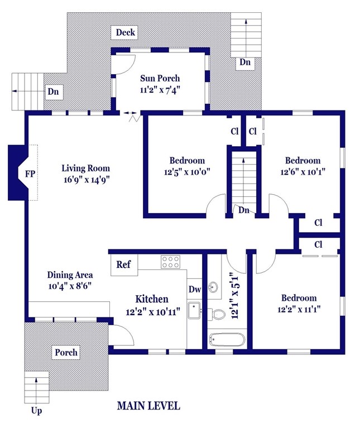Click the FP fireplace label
(30, 174)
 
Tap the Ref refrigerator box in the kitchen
(124, 264)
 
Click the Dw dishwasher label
(194, 290)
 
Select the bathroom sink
(214, 288)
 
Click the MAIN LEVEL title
(148, 406)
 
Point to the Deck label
(125, 32)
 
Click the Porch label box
(65, 353)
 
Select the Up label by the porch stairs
(37, 412)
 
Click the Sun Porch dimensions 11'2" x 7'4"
(160, 89)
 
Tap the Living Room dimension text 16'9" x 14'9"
(85, 179)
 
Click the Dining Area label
(70, 274)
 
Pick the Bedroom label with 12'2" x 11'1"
(299, 298)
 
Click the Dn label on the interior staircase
(243, 211)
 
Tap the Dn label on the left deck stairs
(54, 91)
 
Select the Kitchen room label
(151, 299)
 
